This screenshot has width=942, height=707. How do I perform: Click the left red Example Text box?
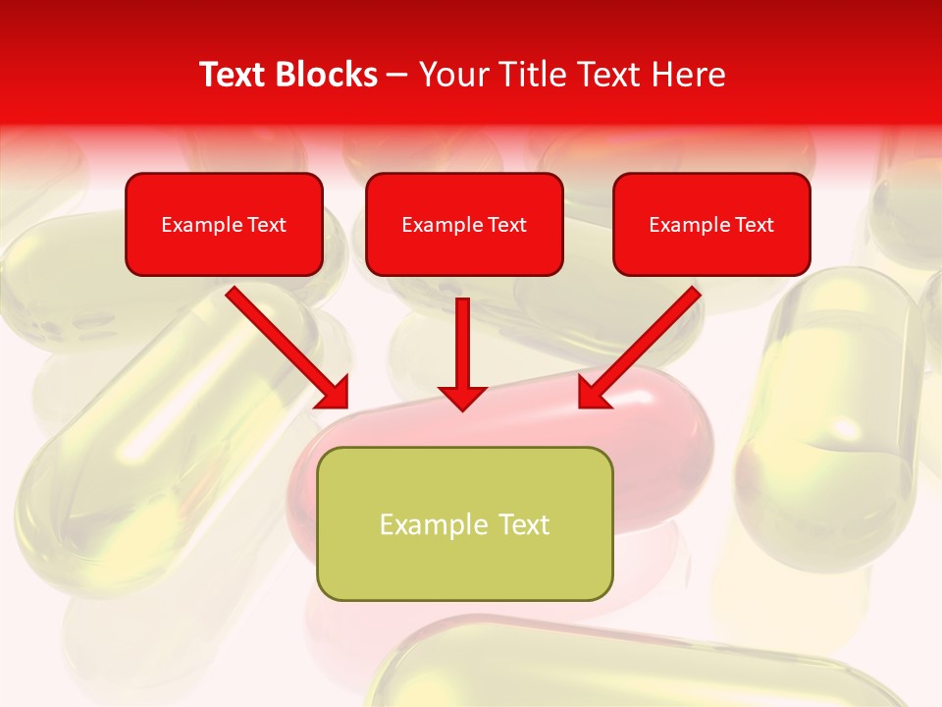click(224, 224)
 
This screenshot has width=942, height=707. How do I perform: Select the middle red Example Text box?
click(464, 224)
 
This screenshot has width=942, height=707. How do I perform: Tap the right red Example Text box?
click(711, 224)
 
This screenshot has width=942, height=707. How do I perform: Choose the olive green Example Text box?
click(464, 523)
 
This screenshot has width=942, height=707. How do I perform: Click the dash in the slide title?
click(397, 75)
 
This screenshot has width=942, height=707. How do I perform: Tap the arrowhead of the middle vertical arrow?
click(462, 397)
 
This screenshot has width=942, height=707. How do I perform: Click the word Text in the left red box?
click(266, 224)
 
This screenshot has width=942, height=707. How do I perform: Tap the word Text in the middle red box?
click(506, 224)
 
